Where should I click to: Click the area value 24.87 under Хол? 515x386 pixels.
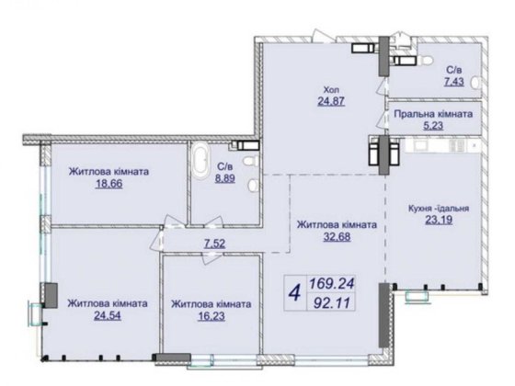(331, 101)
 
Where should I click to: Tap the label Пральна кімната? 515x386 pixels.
(433, 114)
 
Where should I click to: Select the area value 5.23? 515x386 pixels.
(433, 126)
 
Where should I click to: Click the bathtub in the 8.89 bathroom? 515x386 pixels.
(200, 160)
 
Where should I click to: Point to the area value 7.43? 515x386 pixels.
(454, 82)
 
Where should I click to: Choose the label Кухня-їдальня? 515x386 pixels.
(439, 208)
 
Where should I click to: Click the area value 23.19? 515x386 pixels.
(439, 220)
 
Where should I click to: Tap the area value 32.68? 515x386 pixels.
(337, 237)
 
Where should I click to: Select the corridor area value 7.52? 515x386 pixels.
(214, 244)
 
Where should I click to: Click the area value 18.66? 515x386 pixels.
(109, 184)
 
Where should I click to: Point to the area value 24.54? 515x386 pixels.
(108, 315)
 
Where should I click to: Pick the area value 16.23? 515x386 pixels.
(212, 316)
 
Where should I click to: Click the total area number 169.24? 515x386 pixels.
(331, 283)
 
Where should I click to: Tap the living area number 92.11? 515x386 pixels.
(331, 302)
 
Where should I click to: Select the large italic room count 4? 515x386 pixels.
(295, 292)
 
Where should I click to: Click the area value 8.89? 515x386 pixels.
(225, 178)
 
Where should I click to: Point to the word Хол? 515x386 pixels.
(331, 90)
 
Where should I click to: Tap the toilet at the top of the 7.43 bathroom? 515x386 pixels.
(425, 61)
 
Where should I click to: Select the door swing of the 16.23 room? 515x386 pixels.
(212, 258)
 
